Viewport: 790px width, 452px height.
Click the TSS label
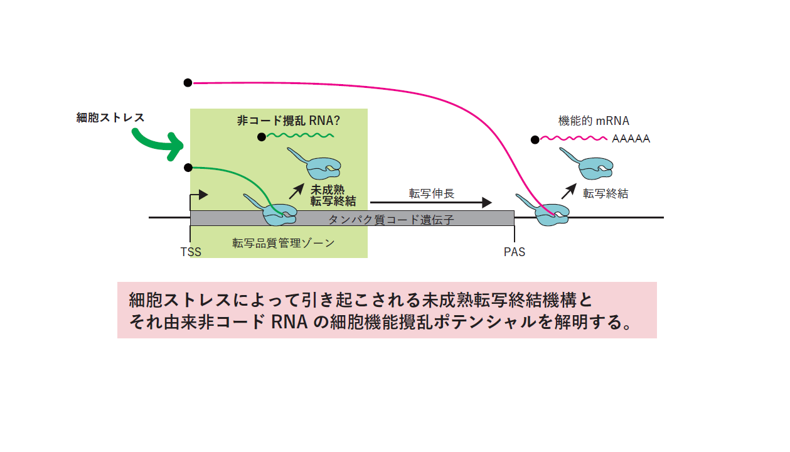(191, 252)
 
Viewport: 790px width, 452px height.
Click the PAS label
(514, 252)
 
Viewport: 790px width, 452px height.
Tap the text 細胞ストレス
(110, 117)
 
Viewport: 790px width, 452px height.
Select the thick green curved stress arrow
(157, 144)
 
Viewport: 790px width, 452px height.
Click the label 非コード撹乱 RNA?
(292, 121)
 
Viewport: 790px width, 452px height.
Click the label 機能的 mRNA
(594, 121)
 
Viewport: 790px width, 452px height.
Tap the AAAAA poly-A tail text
(631, 139)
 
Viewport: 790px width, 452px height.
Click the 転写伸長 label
(431, 193)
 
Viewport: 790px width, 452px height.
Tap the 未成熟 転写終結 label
(333, 195)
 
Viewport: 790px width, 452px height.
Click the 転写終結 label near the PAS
(605, 194)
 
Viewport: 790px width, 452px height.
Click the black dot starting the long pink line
(188, 82)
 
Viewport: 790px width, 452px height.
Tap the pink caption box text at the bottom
(387, 310)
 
